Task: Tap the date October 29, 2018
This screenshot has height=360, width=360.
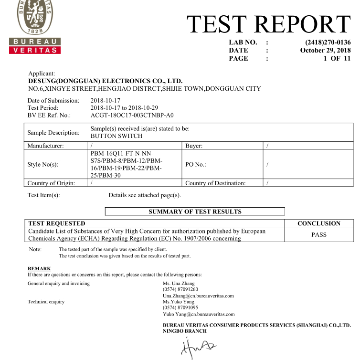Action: [x=325, y=50]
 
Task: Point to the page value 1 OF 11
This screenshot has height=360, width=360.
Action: [x=337, y=58]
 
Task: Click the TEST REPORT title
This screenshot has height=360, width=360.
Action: [x=268, y=24]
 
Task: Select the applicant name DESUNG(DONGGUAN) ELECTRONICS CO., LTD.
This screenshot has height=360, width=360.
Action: [x=106, y=81]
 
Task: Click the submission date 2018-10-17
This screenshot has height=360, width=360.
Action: [x=106, y=101]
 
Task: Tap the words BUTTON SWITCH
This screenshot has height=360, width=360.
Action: [x=116, y=136]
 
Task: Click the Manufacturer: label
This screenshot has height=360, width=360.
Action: [x=46, y=146]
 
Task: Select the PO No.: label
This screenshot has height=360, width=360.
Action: [x=196, y=164]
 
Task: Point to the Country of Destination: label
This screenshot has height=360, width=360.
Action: [x=215, y=183]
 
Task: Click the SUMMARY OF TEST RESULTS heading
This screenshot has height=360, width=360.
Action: [x=195, y=212]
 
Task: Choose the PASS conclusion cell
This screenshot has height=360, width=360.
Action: [x=319, y=234]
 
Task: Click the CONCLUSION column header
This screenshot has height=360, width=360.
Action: [x=319, y=223]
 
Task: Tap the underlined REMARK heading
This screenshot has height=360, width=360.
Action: [x=39, y=269]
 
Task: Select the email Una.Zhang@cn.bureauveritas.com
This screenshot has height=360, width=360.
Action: [x=198, y=296]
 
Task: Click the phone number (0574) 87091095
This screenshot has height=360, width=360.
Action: [x=180, y=308]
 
